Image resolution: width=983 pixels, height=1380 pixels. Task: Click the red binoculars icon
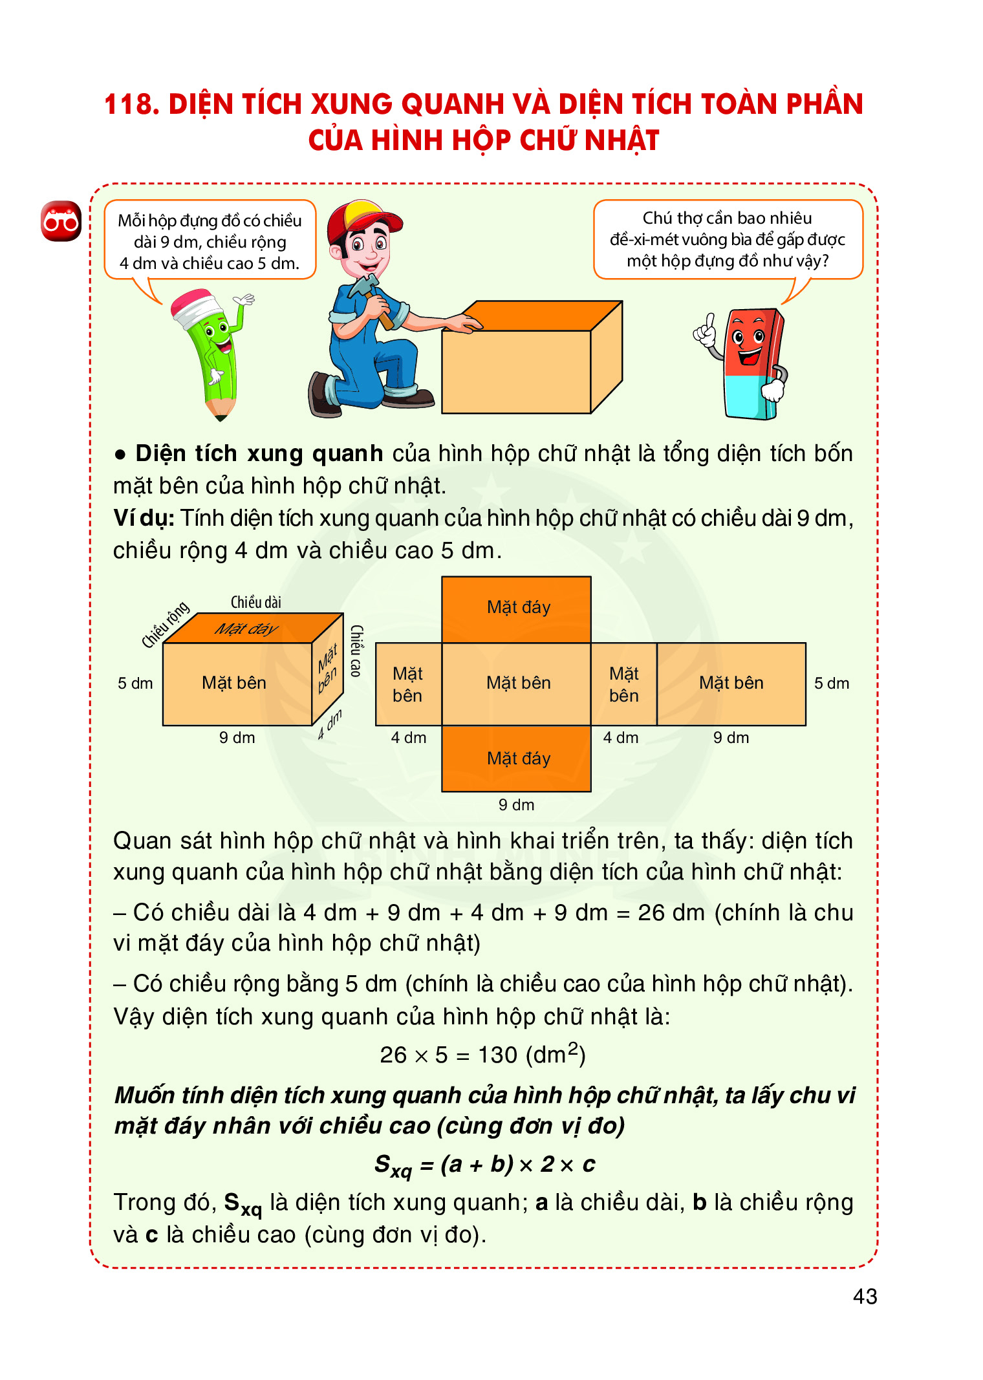61,221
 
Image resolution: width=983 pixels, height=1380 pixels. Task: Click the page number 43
865,1296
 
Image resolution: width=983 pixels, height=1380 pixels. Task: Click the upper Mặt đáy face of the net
516,609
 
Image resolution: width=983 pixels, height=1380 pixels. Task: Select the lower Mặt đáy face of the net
516,758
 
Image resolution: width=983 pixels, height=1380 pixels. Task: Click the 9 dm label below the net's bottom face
516,805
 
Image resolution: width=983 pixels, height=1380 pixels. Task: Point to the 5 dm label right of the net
831,684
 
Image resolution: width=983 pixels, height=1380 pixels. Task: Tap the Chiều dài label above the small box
256,602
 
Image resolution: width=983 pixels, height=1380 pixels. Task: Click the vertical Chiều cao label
356,651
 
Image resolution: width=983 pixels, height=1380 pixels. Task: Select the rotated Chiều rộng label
166,623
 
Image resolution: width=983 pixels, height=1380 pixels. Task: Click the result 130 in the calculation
497,1055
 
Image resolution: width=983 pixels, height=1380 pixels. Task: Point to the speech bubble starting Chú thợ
728,239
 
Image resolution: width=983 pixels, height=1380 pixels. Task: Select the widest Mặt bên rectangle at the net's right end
731,684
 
